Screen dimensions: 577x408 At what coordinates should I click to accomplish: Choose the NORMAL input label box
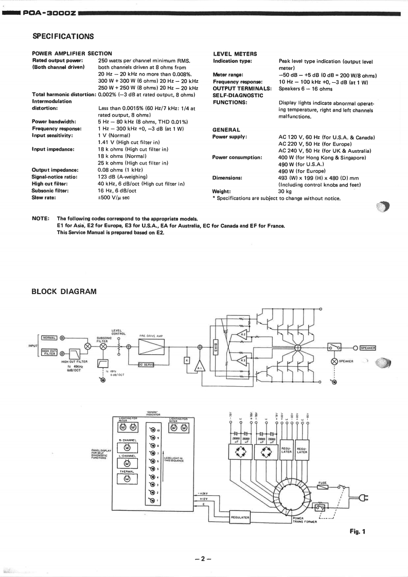point(49,338)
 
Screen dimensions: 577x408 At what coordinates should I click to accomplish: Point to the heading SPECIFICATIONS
point(63,36)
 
